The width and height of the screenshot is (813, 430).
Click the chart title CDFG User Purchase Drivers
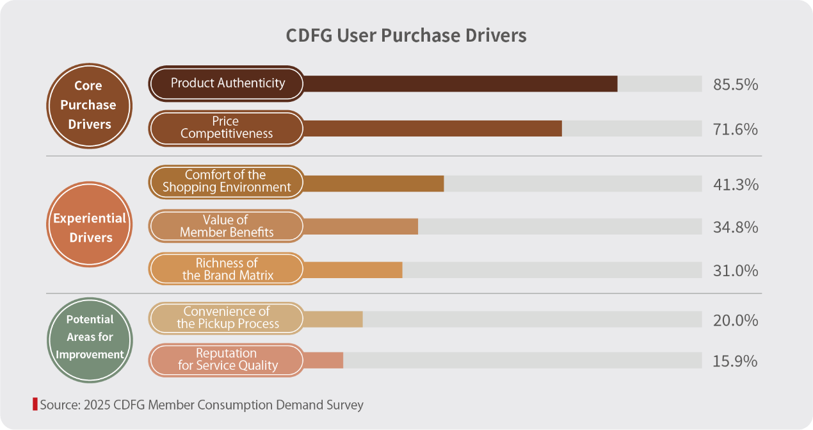406,35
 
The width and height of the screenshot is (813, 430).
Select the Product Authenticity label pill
227,83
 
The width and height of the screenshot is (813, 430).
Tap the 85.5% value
736,84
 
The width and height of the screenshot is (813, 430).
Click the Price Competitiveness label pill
227,128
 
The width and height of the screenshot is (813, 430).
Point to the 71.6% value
736,129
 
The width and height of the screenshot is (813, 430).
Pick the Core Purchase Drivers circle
89,105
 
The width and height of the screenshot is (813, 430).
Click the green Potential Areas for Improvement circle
90,337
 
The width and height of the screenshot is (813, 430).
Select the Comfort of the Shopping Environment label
227,181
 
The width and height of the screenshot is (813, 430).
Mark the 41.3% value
736,185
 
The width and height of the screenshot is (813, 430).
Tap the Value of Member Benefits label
227,226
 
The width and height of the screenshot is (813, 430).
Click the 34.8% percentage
736,227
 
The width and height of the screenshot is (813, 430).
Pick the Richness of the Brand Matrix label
227,269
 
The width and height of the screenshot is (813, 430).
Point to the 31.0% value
736,271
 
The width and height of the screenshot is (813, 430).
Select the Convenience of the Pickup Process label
227,318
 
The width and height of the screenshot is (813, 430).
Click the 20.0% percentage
736,320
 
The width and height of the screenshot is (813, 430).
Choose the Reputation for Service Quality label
227,360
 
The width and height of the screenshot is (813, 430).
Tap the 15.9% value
736,361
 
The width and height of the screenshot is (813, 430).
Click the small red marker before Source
35,404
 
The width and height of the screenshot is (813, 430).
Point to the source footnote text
201,405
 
